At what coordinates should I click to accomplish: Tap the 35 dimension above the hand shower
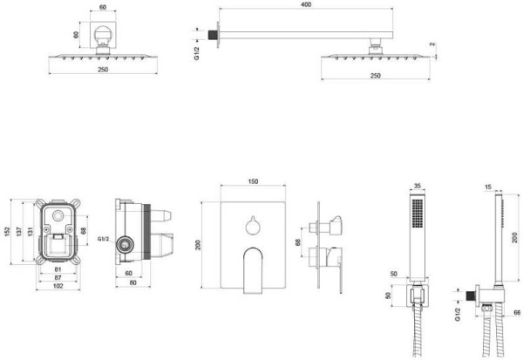[417, 187]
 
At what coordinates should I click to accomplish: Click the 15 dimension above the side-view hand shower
[486, 187]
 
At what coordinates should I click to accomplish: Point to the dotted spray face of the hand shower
[417, 213]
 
